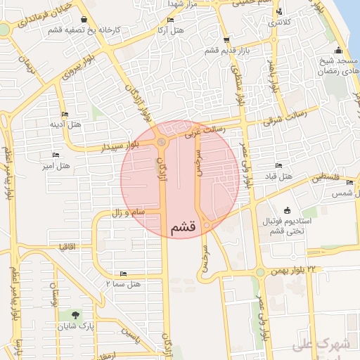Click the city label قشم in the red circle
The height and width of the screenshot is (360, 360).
point(181,228)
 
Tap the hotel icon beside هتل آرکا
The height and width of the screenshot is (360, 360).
point(171,20)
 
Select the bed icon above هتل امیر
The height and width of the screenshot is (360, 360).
point(55,155)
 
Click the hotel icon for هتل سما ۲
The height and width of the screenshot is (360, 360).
point(124,274)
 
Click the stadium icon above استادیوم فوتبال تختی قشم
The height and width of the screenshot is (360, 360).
point(287,210)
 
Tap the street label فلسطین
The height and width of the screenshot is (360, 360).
point(326,177)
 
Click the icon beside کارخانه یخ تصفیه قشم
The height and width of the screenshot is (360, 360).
point(85,20)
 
